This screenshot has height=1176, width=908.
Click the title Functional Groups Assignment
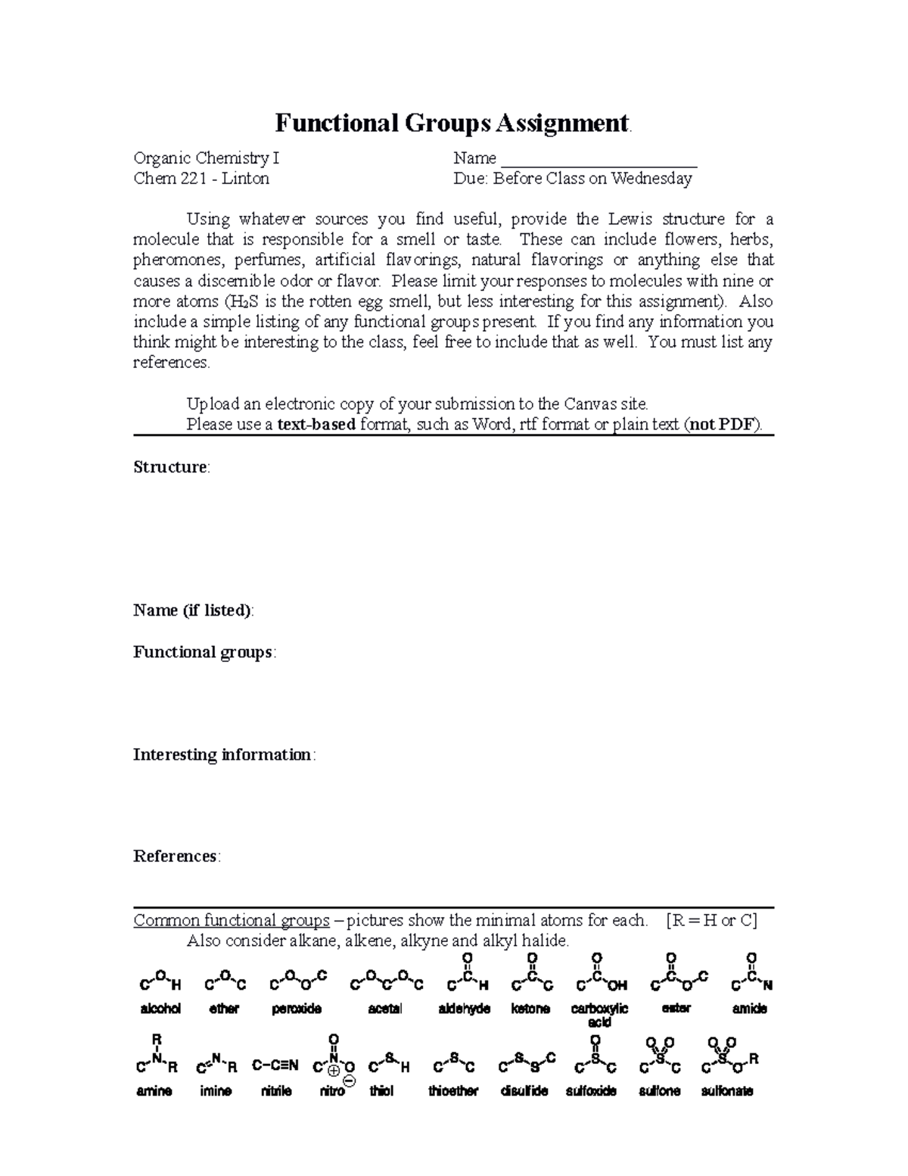pyautogui.click(x=452, y=123)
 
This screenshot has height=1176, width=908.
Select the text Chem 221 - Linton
pyautogui.click(x=201, y=179)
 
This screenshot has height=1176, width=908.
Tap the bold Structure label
pyautogui.click(x=170, y=467)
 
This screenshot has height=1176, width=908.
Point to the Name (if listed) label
pyautogui.click(x=193, y=610)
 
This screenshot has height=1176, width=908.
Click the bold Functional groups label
pyautogui.click(x=203, y=652)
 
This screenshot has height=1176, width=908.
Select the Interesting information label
pyautogui.click(x=222, y=755)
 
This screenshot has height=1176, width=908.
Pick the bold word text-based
pyautogui.click(x=316, y=424)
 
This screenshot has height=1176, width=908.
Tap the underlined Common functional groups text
pyautogui.click(x=232, y=921)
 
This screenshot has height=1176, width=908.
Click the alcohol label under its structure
pyautogui.click(x=160, y=1009)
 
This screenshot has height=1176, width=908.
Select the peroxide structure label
pyautogui.click(x=297, y=1009)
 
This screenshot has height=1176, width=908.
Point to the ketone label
pyautogui.click(x=530, y=1009)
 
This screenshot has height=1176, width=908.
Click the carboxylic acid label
pyautogui.click(x=599, y=1015)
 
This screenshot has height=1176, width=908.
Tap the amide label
pyautogui.click(x=749, y=1009)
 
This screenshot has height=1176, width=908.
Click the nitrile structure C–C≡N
pyautogui.click(x=275, y=1066)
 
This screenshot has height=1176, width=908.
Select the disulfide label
pyautogui.click(x=524, y=1091)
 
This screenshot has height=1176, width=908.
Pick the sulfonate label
pyautogui.click(x=726, y=1091)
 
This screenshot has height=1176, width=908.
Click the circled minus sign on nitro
pyautogui.click(x=349, y=1083)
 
